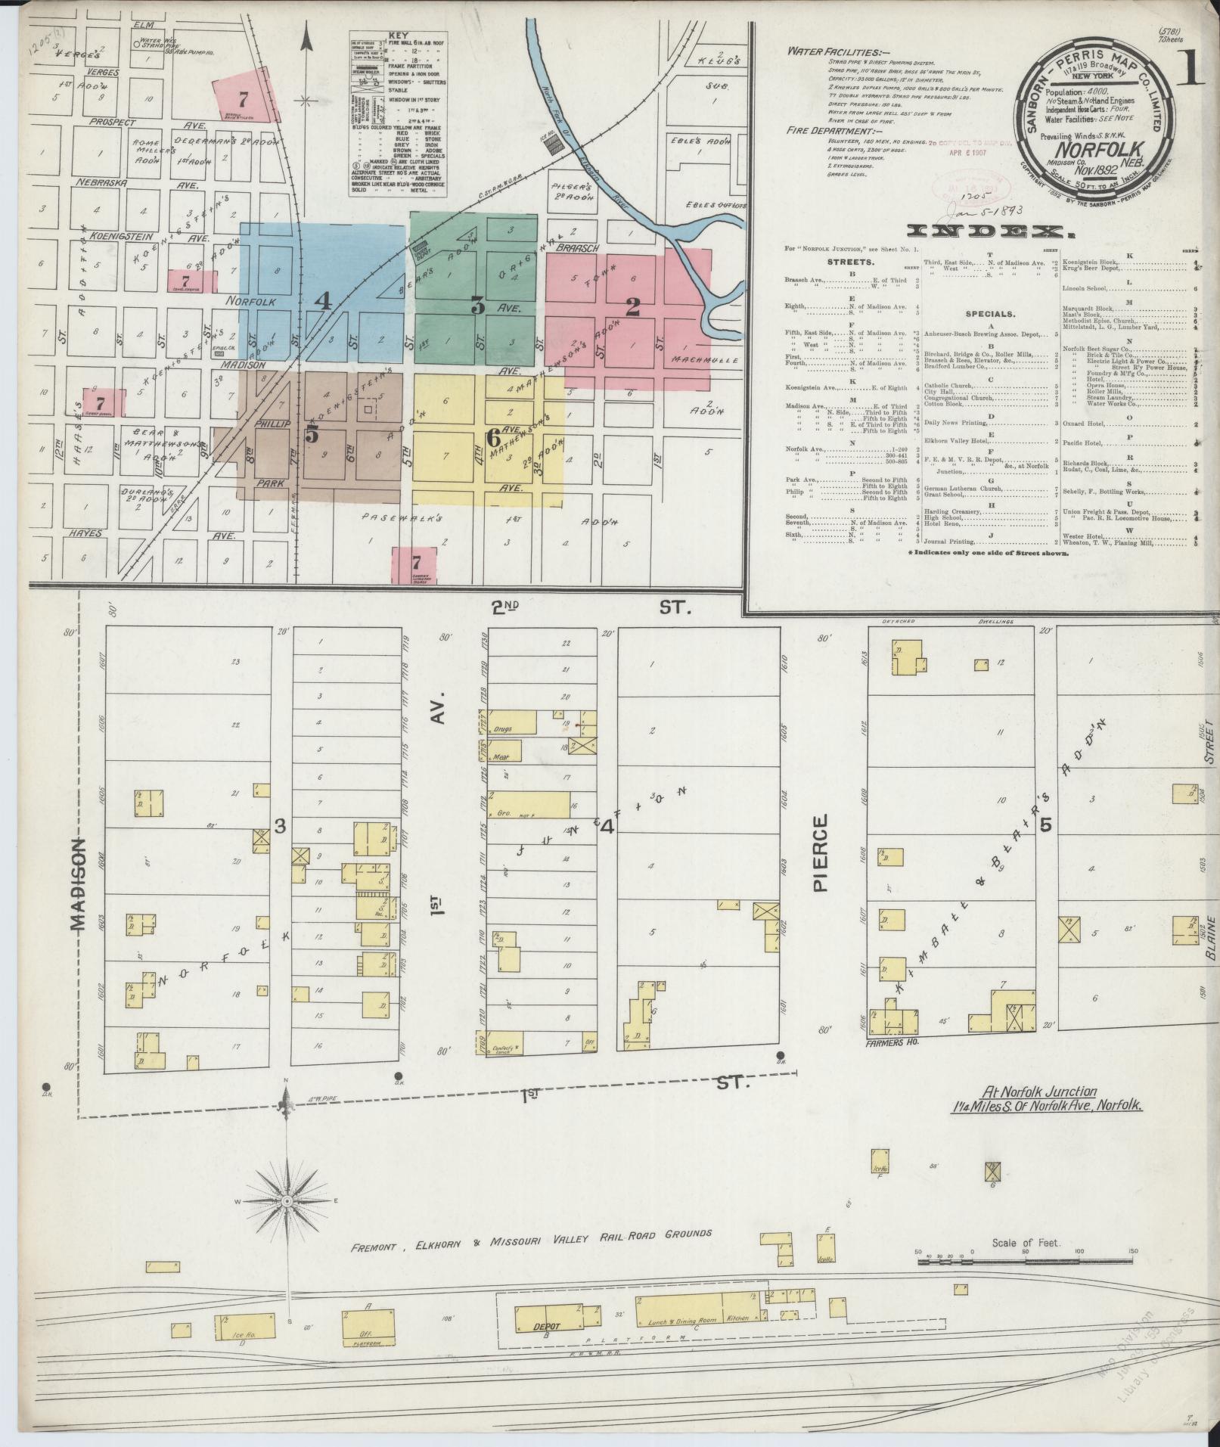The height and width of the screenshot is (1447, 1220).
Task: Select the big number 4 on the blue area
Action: (x=324, y=301)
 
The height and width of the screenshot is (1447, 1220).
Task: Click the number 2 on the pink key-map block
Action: (x=632, y=306)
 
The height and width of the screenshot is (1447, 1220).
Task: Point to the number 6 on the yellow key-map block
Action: (x=493, y=437)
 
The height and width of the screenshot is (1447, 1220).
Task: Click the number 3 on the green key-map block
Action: (x=477, y=306)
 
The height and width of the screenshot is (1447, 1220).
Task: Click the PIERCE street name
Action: (x=823, y=853)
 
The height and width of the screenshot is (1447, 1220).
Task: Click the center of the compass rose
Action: (x=287, y=1223)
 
